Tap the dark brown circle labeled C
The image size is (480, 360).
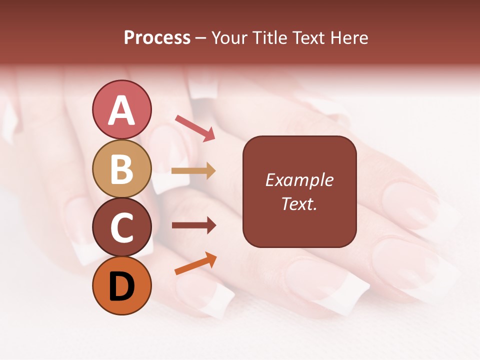121,227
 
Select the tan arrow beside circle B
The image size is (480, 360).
193,171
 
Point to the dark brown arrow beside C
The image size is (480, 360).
193,225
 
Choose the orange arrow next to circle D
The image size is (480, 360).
195,264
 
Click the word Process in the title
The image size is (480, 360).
157,38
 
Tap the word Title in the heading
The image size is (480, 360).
269,38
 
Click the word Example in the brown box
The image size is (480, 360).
299,180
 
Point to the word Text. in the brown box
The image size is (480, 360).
299,203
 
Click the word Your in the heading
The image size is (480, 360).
229,38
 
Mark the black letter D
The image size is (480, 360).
121,287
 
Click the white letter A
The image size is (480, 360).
121,110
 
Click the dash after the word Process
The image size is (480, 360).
201,38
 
